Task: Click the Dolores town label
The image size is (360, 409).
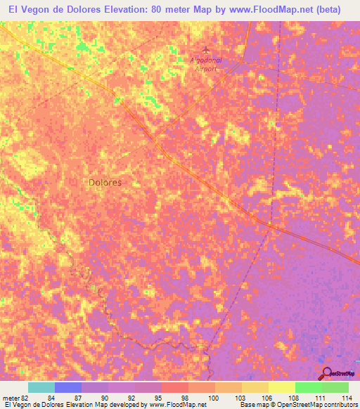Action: (x=105, y=182)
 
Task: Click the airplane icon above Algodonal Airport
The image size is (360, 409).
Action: (x=205, y=49)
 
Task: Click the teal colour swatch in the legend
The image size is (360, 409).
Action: (x=41, y=387)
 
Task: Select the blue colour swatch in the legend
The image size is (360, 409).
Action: (x=68, y=387)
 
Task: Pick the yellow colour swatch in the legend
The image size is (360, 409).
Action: (x=282, y=387)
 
